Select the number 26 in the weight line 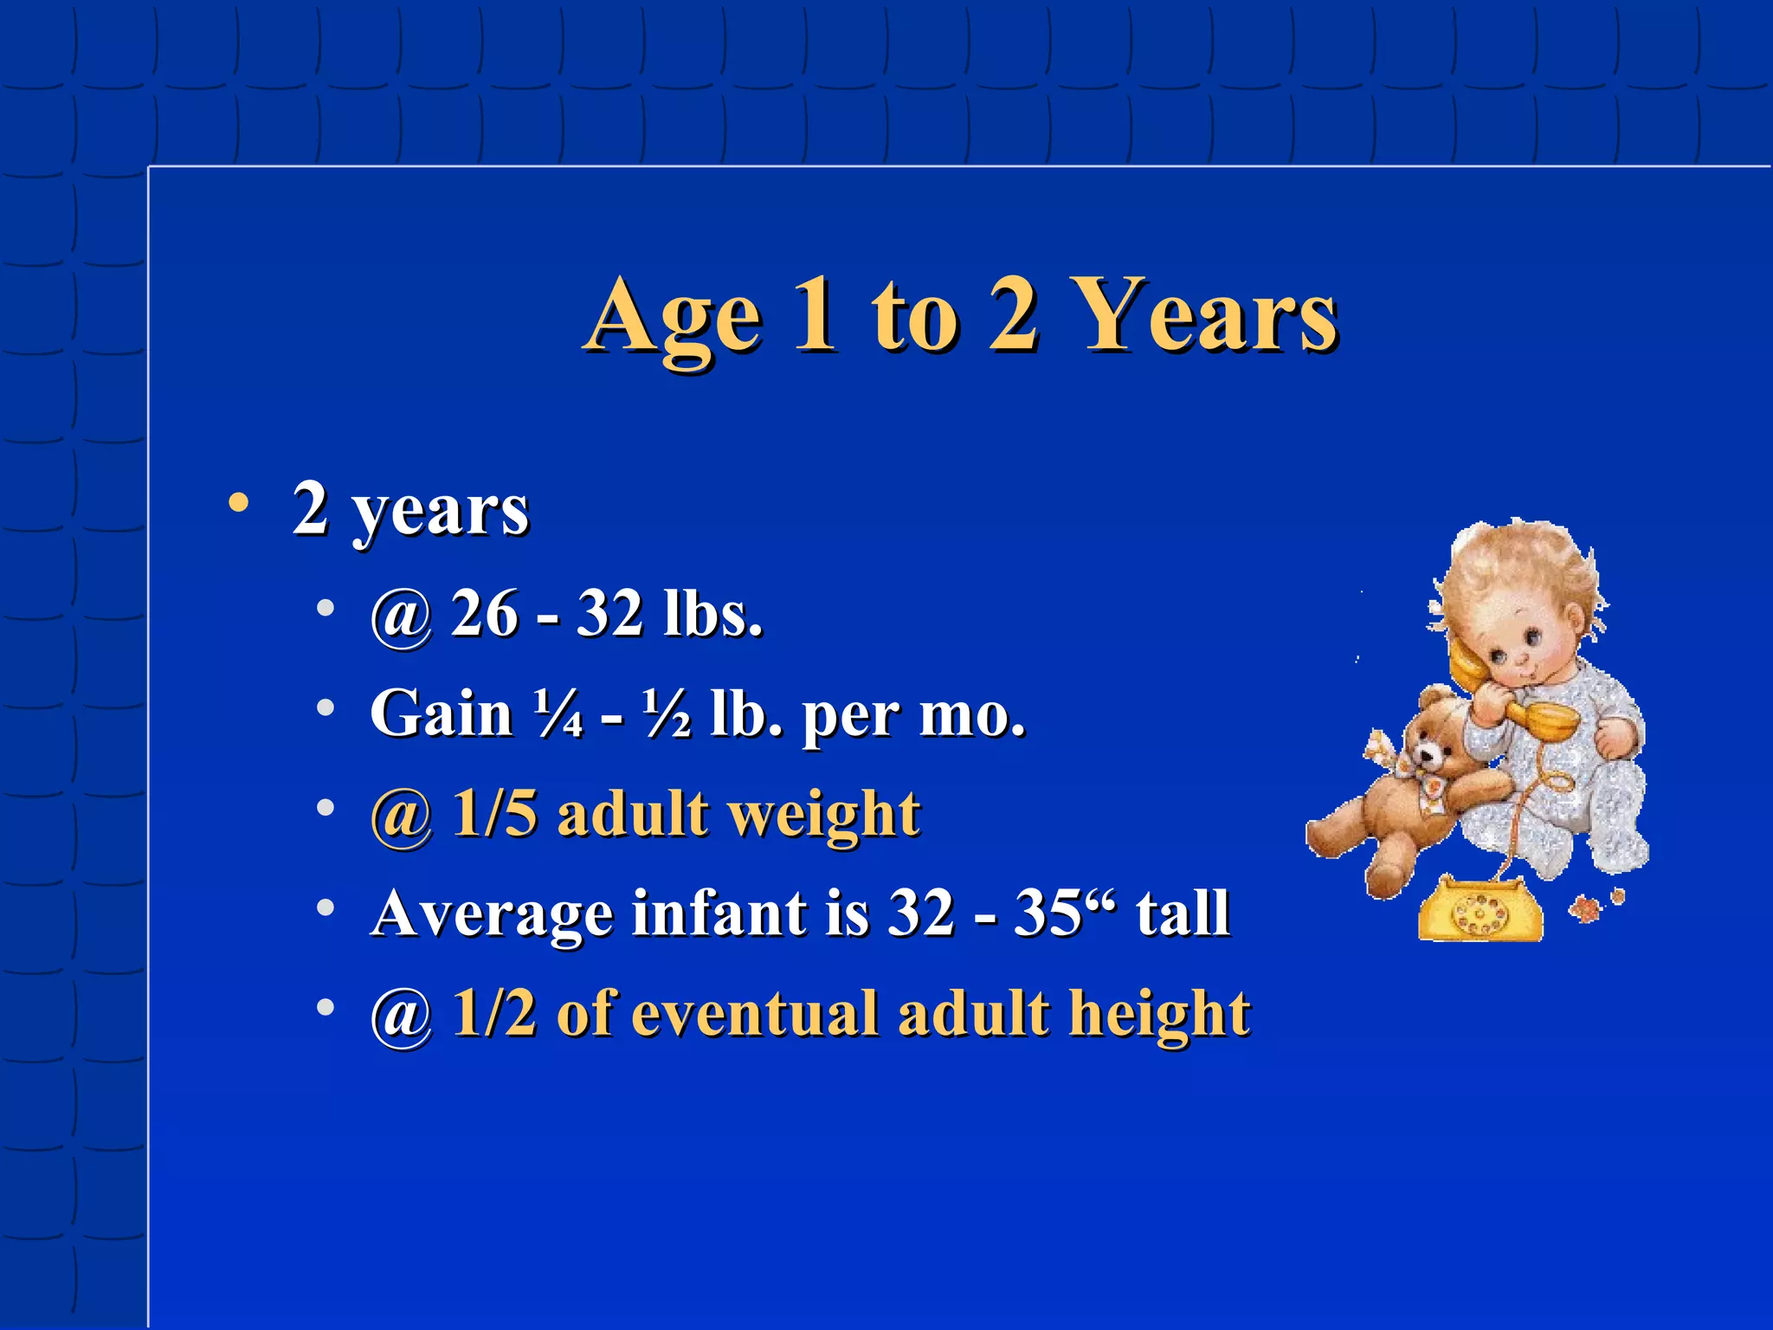click(x=485, y=614)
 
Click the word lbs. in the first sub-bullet click(x=712, y=614)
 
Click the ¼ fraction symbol click(x=558, y=714)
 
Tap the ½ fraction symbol click(x=667, y=714)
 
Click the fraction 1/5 click(x=494, y=814)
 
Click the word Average click(x=489, y=914)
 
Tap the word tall click(x=1183, y=914)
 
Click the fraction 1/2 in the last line click(x=494, y=1013)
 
